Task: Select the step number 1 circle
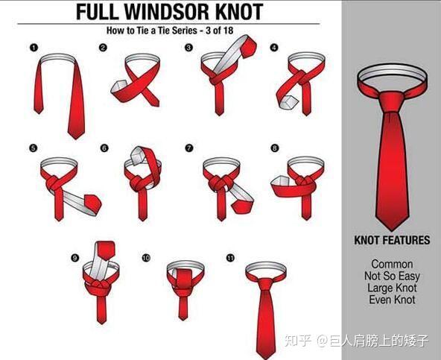34,48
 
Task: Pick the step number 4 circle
274,47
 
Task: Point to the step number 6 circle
104,148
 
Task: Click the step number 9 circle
74,258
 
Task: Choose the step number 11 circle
230,258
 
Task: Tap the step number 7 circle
189,148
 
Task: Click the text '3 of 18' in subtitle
219,30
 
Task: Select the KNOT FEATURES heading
392,240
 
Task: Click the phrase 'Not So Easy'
392,276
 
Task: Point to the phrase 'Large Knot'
392,288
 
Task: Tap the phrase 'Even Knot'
392,300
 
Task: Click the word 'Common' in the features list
392,264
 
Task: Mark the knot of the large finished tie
392,102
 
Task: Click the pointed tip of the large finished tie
392,230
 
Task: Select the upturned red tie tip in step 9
106,250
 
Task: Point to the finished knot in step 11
265,284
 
